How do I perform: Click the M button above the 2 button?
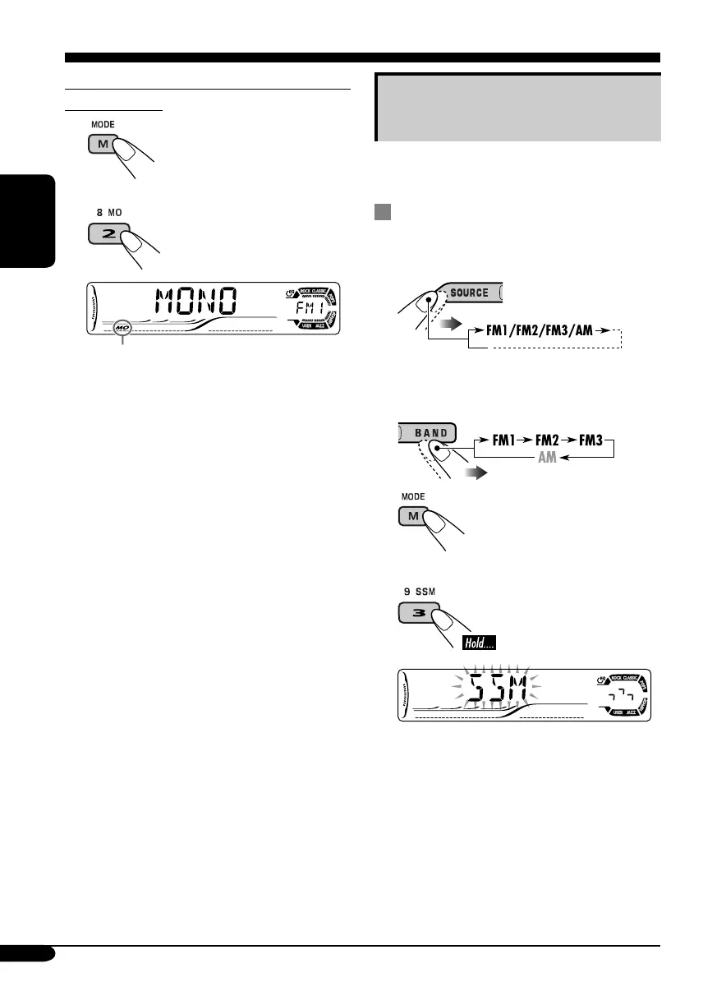(103, 145)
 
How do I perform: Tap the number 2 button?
(104, 235)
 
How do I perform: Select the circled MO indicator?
(122, 328)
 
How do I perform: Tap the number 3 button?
(416, 614)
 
